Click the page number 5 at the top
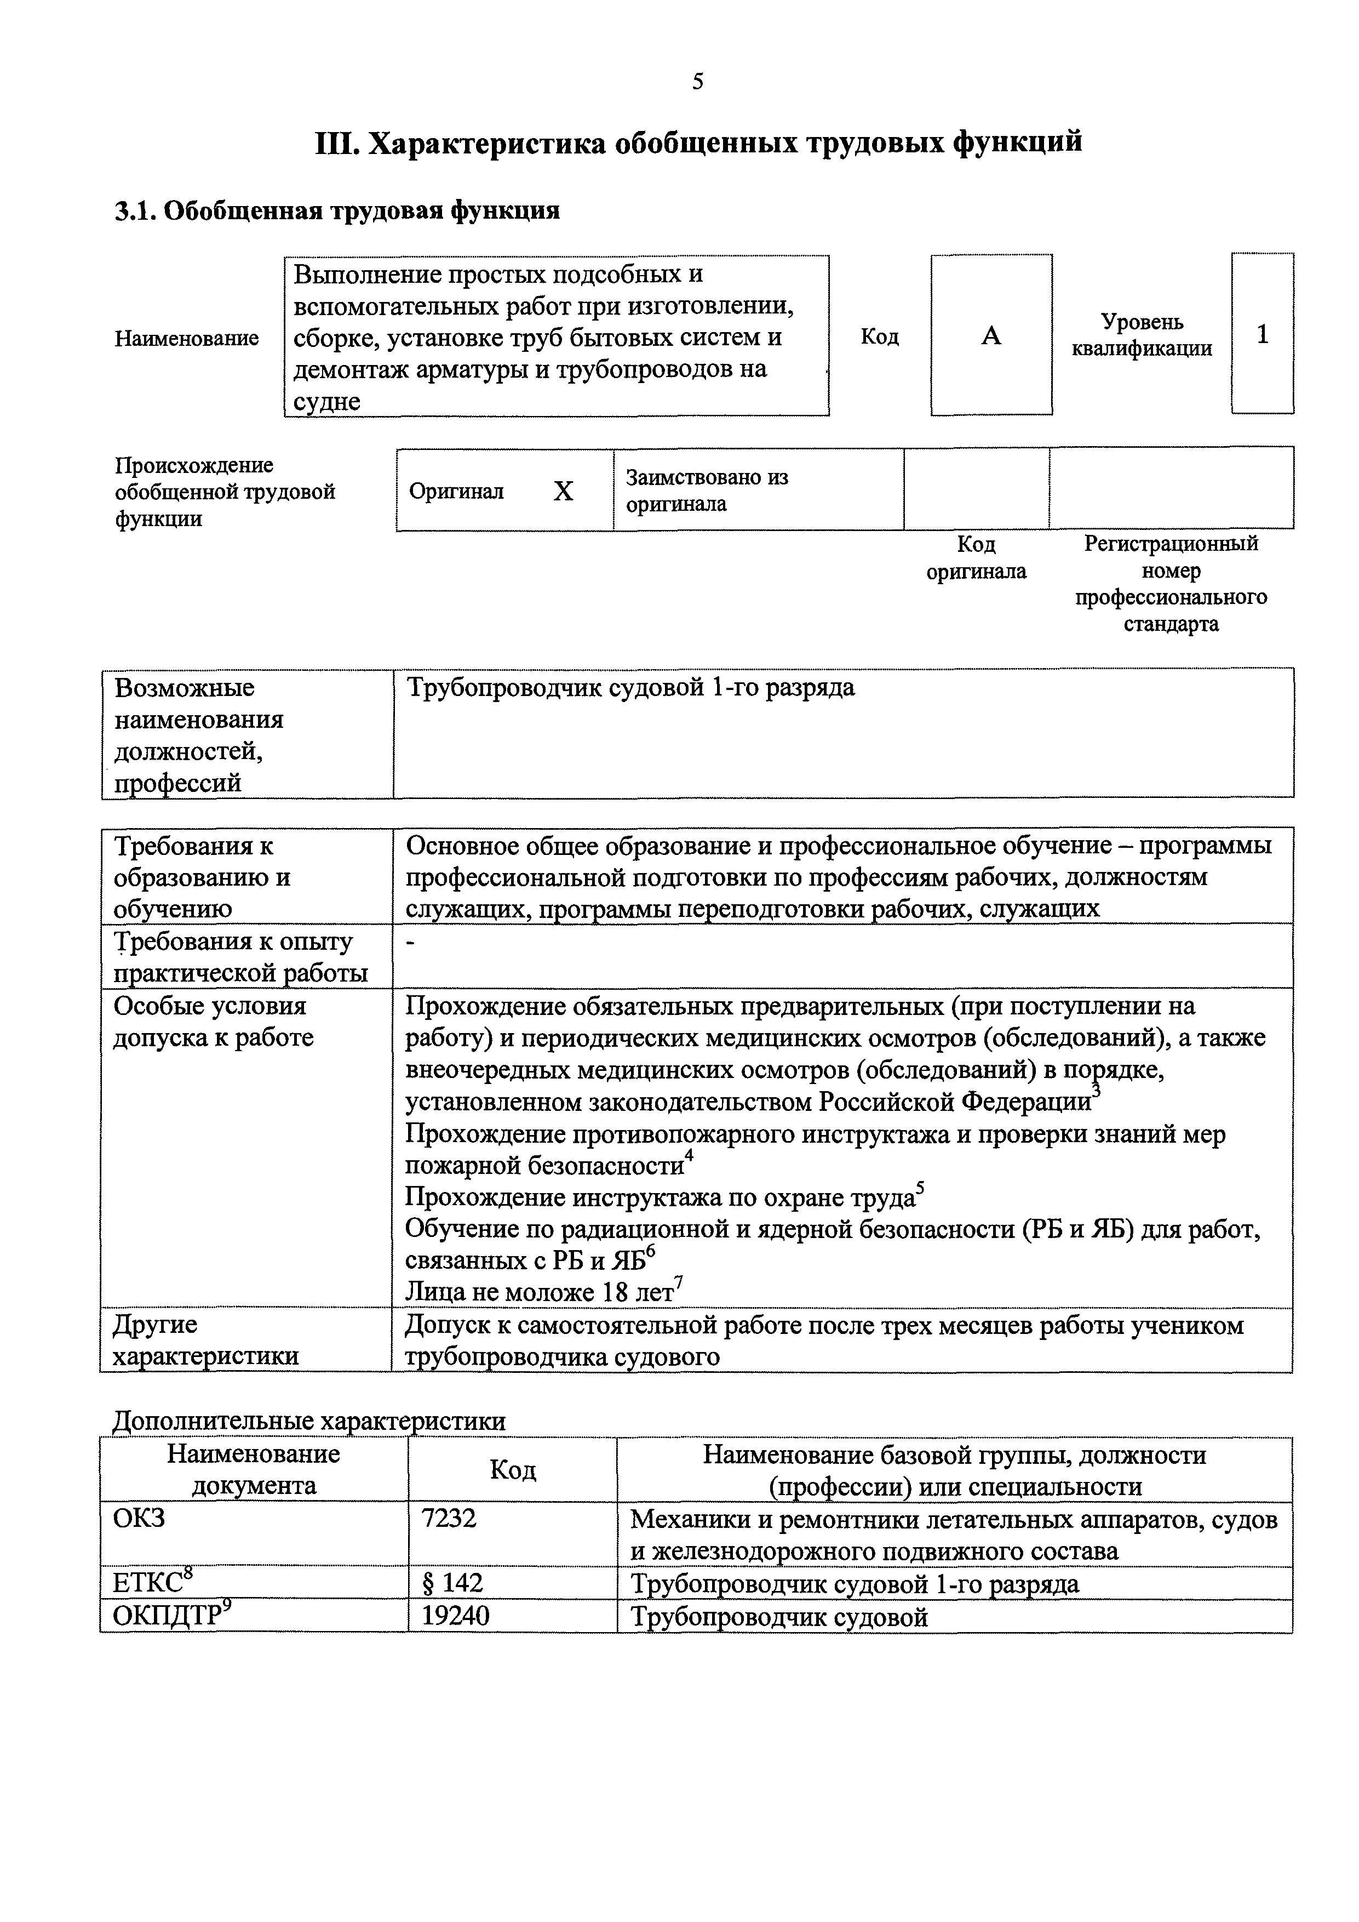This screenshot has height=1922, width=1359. coord(698,81)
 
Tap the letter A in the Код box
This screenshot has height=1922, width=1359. coord(991,336)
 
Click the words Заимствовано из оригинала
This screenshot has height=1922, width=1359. coord(707,491)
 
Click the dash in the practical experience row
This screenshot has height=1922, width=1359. coord(410,943)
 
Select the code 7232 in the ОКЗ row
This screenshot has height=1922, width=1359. coord(449,1518)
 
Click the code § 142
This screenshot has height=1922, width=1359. coord(452,1583)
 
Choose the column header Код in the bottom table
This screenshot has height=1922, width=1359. coord(512,1470)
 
